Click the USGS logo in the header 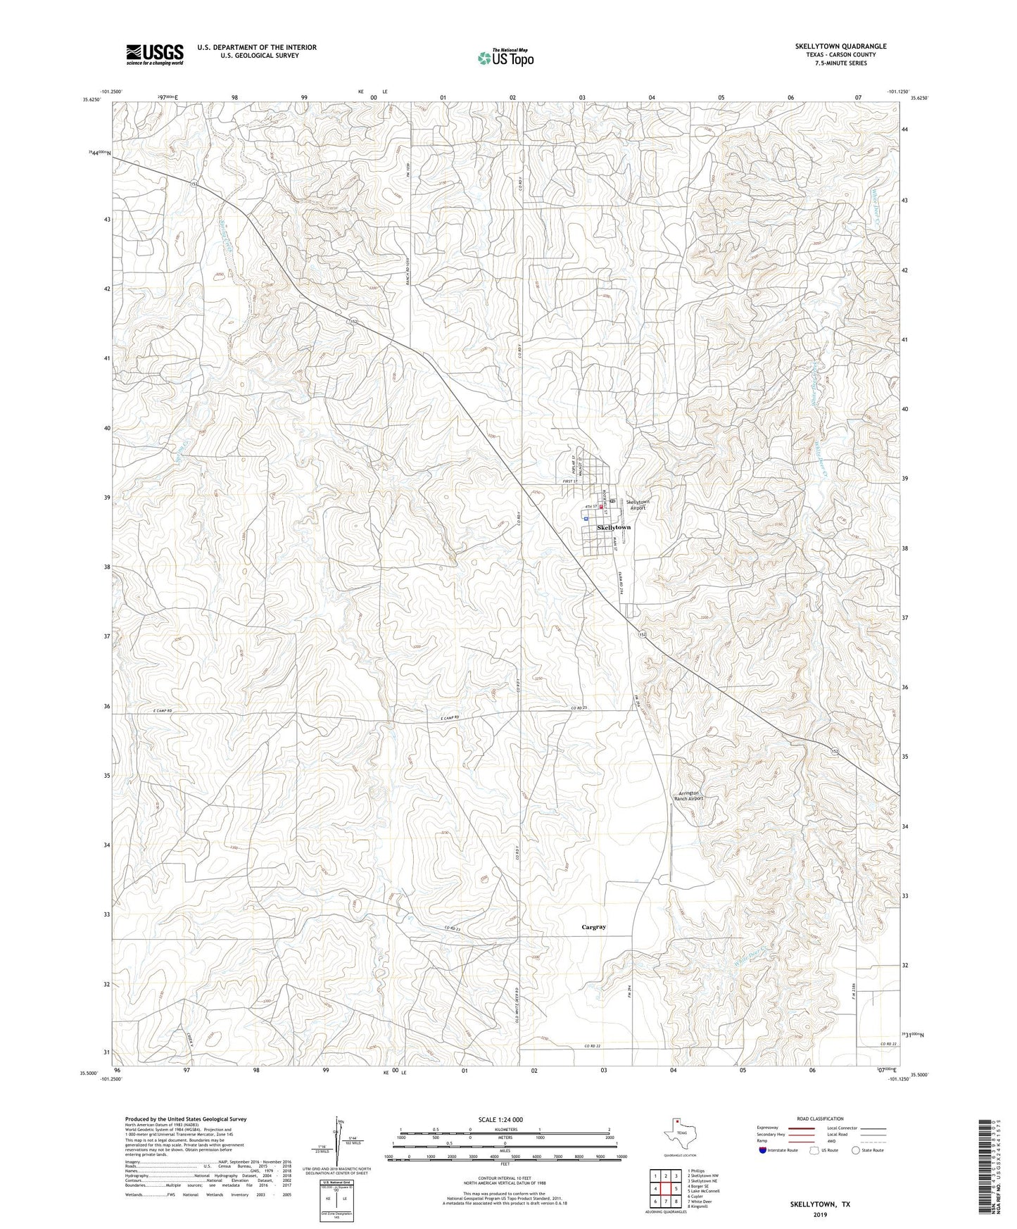pos(155,54)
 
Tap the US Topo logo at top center pos(505,58)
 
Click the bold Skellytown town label pos(614,527)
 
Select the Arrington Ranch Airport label pos(688,796)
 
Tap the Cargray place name pos(593,927)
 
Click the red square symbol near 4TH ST pos(601,506)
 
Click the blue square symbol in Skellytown pos(586,517)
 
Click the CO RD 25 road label pos(579,707)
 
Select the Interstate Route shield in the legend pos(763,1150)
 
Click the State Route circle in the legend pos(856,1150)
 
